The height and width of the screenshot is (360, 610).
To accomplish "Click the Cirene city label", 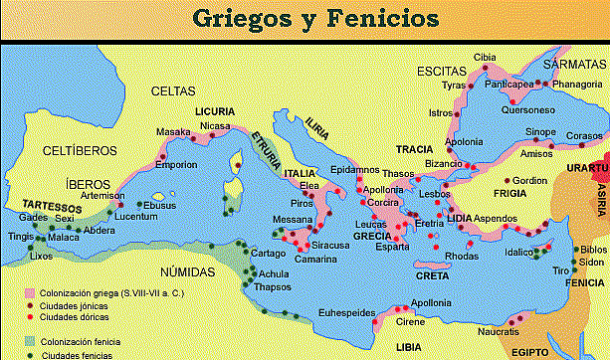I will click(x=397, y=322).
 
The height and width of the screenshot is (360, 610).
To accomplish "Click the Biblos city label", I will click(x=592, y=249).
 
